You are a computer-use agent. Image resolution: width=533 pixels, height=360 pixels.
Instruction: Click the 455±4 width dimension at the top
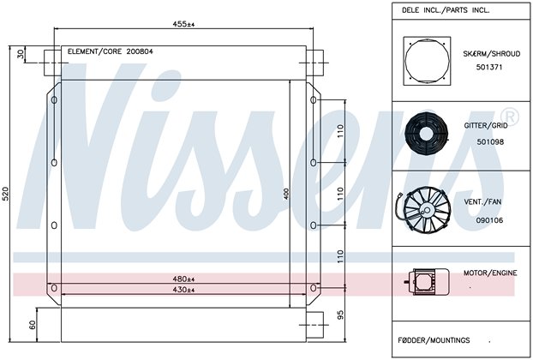183,24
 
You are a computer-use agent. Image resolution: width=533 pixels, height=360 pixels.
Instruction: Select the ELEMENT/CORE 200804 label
111,51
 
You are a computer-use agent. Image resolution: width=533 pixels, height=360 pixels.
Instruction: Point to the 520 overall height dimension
5,194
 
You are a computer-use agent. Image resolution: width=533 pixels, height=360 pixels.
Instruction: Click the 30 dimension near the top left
21,54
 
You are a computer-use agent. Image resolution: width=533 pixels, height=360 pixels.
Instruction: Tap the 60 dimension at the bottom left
33,325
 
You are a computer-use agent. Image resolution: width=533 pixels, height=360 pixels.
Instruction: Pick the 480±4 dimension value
183,279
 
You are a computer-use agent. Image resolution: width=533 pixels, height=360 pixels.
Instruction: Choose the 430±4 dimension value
183,290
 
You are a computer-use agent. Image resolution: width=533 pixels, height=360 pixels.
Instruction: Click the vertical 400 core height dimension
286,194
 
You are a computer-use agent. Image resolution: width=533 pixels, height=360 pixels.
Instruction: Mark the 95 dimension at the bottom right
341,315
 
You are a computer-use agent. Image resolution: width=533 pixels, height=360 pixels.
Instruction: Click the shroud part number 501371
489,67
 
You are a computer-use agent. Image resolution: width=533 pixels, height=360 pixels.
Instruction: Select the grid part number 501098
490,141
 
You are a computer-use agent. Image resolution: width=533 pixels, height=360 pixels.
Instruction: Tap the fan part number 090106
489,220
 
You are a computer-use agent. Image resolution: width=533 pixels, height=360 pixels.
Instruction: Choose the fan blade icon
424,211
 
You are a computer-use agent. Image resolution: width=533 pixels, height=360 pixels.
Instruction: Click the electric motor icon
427,281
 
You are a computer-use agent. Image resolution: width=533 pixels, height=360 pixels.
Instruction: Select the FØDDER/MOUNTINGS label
434,340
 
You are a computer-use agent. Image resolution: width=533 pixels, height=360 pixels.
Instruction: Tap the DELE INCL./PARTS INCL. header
446,10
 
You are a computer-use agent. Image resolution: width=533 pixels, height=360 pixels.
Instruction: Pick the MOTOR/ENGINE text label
490,273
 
